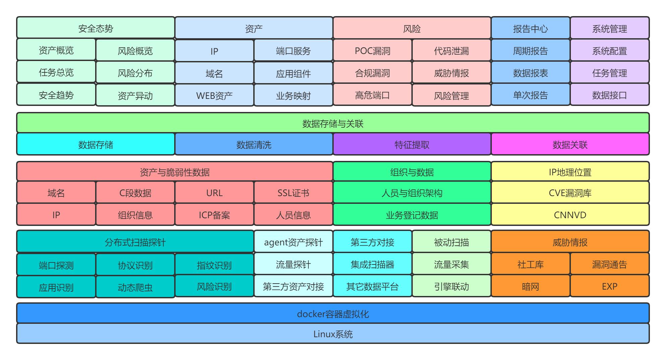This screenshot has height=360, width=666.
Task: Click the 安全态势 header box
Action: point(95,28)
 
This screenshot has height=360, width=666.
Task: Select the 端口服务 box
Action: point(293,51)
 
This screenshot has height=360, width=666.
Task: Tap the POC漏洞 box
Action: point(372,50)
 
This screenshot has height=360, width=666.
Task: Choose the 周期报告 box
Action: point(530,50)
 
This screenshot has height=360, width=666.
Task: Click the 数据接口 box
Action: point(609,95)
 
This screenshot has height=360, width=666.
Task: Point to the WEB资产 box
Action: point(214,95)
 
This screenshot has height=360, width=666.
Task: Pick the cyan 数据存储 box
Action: point(95,144)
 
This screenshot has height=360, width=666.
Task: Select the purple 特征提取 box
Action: point(412,144)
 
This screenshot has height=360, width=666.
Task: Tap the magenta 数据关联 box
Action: point(570,144)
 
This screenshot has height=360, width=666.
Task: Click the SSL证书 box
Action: point(293,192)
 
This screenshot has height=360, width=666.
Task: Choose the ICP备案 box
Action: point(214,215)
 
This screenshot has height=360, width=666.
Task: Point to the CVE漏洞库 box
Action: point(570,192)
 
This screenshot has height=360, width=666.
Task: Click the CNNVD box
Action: point(570,215)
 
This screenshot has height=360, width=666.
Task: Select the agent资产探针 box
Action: point(293,242)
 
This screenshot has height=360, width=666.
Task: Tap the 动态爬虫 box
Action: point(135,287)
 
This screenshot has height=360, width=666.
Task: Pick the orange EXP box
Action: point(609,286)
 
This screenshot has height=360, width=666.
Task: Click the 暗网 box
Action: point(530,286)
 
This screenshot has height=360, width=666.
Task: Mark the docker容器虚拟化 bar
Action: point(333,313)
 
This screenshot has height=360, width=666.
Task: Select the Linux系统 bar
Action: point(333,334)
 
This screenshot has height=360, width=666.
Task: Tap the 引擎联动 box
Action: point(451,286)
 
